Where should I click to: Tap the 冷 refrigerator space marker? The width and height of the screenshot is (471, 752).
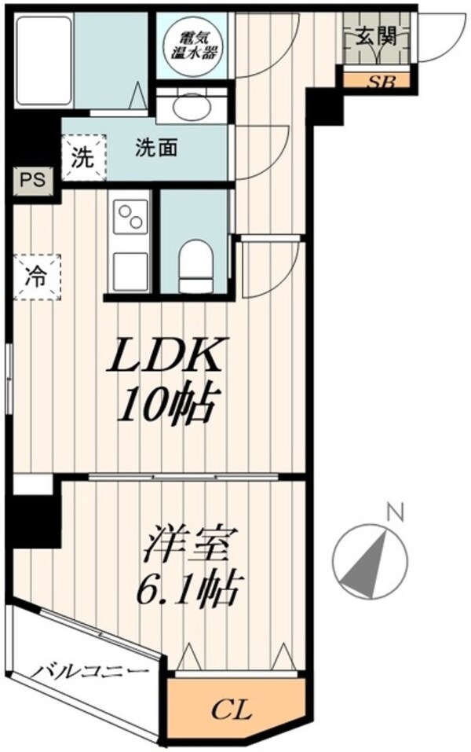coord(36,277)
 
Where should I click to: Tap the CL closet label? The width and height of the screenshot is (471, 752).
coord(234,712)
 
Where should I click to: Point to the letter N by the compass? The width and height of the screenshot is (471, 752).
coord(397,515)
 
